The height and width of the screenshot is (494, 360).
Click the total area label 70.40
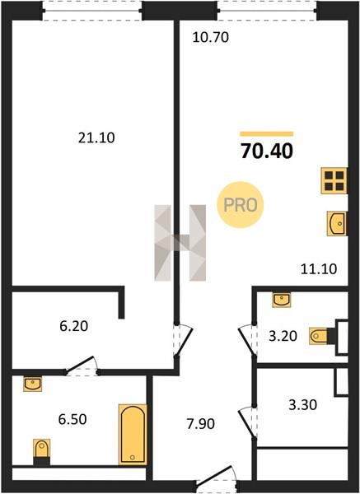267,151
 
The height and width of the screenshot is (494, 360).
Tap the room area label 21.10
96,138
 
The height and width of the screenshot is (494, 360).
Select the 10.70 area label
211,38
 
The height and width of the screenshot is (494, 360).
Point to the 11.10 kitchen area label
319,269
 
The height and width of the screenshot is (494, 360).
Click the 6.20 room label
74,326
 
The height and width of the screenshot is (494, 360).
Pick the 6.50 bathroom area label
72,420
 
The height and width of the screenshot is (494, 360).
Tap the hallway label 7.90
201,424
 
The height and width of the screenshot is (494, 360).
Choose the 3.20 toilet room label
283,336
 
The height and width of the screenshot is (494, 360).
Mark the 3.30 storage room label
302,405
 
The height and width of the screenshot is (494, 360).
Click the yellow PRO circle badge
241,205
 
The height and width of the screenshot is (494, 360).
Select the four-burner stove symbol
334,181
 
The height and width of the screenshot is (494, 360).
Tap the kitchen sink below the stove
337,223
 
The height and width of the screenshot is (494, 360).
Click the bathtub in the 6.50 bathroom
133,435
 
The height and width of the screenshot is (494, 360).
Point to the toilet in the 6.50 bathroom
42,452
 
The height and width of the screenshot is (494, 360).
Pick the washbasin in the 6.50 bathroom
32,384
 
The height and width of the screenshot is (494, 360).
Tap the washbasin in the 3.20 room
282,300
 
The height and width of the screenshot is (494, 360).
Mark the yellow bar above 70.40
267,134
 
